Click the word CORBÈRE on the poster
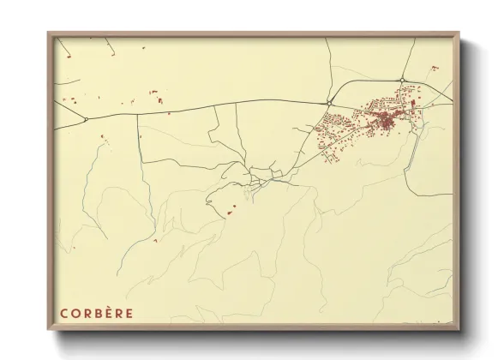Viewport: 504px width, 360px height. pos(96,313)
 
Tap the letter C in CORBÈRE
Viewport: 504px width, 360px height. pos(63,313)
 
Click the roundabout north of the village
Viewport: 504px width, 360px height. pos(401,81)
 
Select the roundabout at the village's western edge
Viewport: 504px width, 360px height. pos(330,103)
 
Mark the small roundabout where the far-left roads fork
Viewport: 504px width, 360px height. pos(86,119)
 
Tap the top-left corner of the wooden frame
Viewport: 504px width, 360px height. pos(49,33)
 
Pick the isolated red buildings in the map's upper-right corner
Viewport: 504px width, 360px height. pos(435,68)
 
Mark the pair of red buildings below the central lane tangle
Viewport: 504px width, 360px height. pos(231,212)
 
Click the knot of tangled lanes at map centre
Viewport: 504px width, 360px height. pos(257,180)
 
